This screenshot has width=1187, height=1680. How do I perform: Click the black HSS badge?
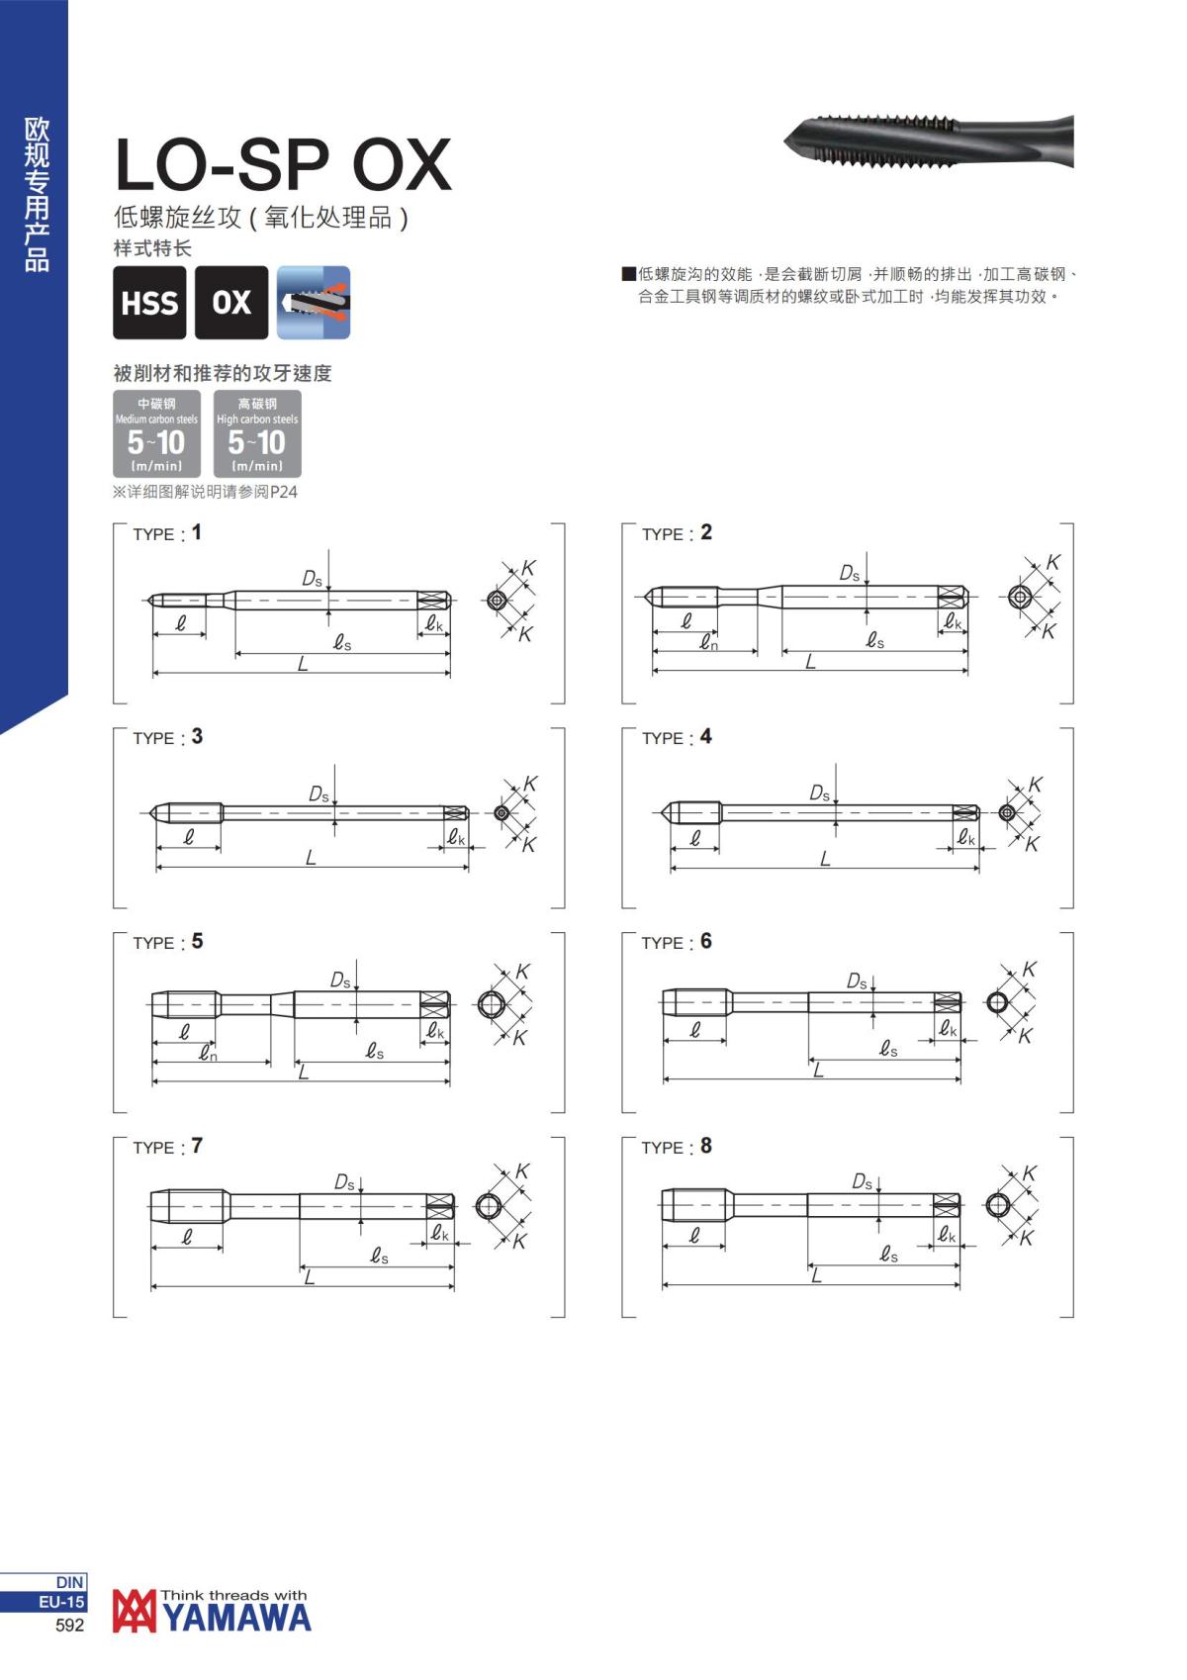pyautogui.click(x=149, y=303)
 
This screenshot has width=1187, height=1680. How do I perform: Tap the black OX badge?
pyautogui.click(x=231, y=303)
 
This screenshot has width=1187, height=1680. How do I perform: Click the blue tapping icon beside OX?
pyautogui.click(x=314, y=303)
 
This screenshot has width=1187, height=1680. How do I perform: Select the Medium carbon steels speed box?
pyautogui.click(x=156, y=433)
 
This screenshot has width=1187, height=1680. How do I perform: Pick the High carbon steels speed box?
pyautogui.click(x=257, y=433)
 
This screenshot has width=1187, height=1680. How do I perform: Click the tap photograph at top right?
pyautogui.click(x=930, y=142)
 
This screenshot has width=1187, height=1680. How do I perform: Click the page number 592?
pyautogui.click(x=70, y=1625)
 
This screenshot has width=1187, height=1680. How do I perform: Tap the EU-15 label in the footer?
pyautogui.click(x=61, y=1602)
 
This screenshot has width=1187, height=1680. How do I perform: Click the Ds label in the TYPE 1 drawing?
pyautogui.click(x=312, y=578)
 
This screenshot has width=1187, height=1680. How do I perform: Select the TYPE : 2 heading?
pyautogui.click(x=677, y=533)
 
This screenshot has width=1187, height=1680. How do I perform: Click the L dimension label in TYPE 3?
pyautogui.click(x=311, y=858)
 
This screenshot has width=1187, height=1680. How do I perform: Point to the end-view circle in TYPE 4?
pyautogui.click(x=1007, y=812)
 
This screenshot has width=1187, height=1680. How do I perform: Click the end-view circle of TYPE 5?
pyautogui.click(x=491, y=1004)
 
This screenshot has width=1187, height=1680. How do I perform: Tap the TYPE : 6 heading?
pyautogui.click(x=677, y=942)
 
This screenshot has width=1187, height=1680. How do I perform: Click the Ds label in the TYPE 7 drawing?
pyautogui.click(x=344, y=1181)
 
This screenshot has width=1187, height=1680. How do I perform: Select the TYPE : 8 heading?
pyautogui.click(x=677, y=1147)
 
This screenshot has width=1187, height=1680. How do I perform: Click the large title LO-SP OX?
pyautogui.click(x=283, y=165)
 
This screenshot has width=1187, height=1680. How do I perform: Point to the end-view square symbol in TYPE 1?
pyautogui.click(x=497, y=600)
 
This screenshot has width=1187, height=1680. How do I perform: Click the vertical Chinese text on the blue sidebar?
pyautogui.click(x=37, y=194)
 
